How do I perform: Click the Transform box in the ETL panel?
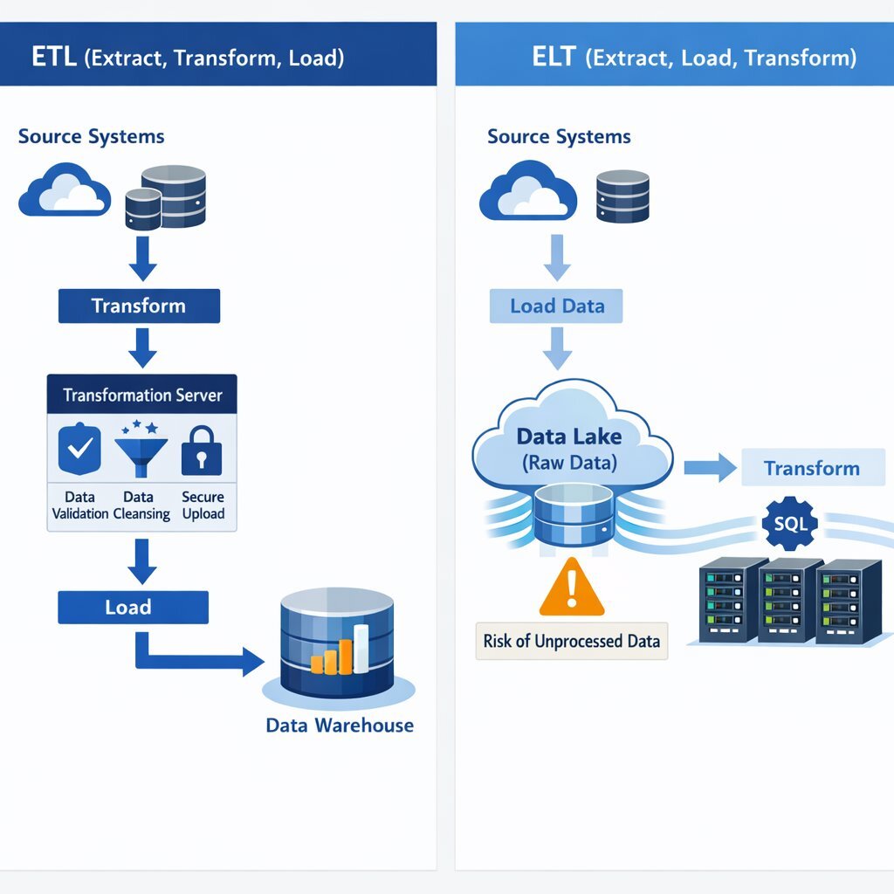[139, 306]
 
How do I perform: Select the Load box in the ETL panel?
[133, 607]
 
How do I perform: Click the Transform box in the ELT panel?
[812, 468]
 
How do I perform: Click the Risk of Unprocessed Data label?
[571, 641]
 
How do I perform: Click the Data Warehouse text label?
[340, 726]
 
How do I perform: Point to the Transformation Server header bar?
[141, 395]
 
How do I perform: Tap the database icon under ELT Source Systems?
[622, 196]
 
